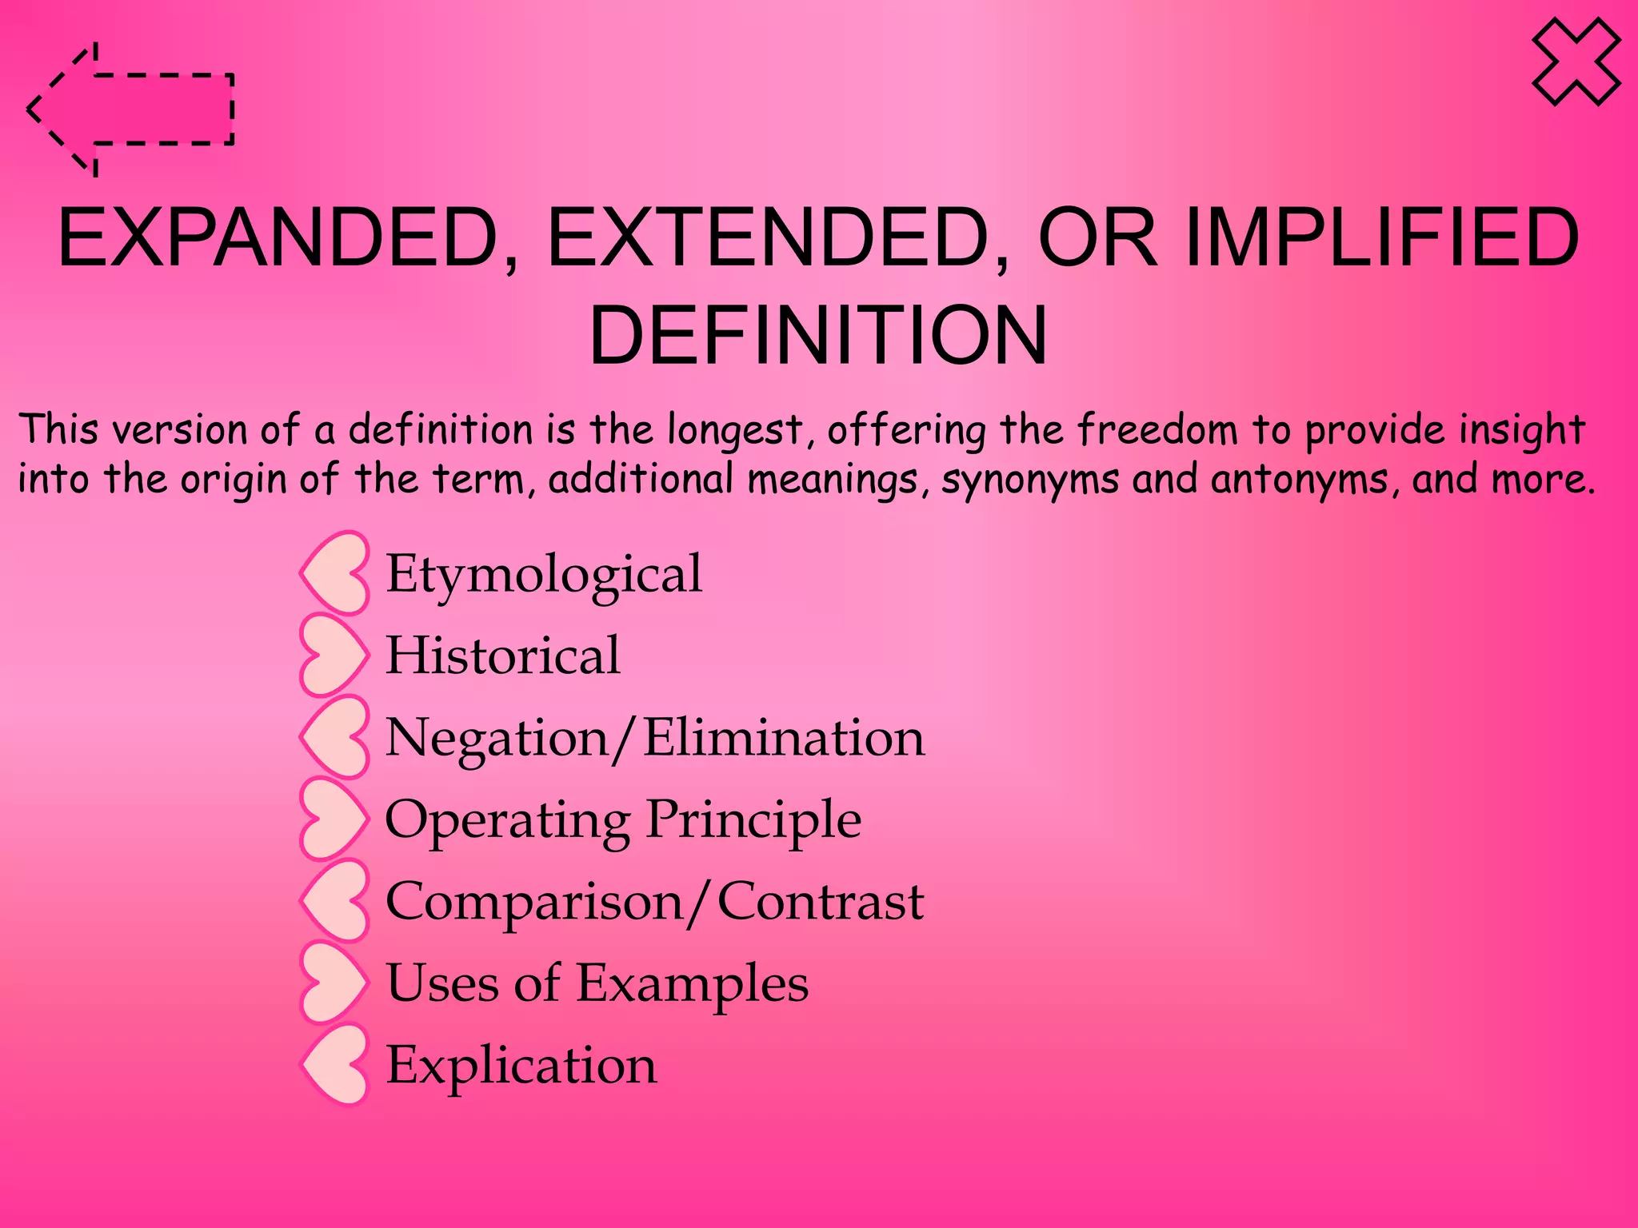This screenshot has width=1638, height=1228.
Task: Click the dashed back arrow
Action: click(x=132, y=110)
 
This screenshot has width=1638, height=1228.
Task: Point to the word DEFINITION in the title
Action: click(x=817, y=335)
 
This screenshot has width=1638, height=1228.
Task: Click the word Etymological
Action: click(x=544, y=575)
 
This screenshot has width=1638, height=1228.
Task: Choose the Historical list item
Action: click(x=502, y=656)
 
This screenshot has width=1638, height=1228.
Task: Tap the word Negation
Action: click(x=497, y=737)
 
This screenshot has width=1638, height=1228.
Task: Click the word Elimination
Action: click(x=784, y=737)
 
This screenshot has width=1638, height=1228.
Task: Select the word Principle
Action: click(x=753, y=819)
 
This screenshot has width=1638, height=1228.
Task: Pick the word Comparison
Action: click(x=534, y=902)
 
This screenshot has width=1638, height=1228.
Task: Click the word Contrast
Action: click(x=821, y=902)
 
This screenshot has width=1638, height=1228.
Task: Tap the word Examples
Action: click(x=692, y=983)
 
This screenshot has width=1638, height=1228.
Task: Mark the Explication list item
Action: click(x=521, y=1066)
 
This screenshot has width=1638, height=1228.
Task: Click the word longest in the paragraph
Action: click(x=735, y=430)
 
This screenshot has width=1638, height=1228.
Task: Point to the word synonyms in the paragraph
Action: click(x=1030, y=480)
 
